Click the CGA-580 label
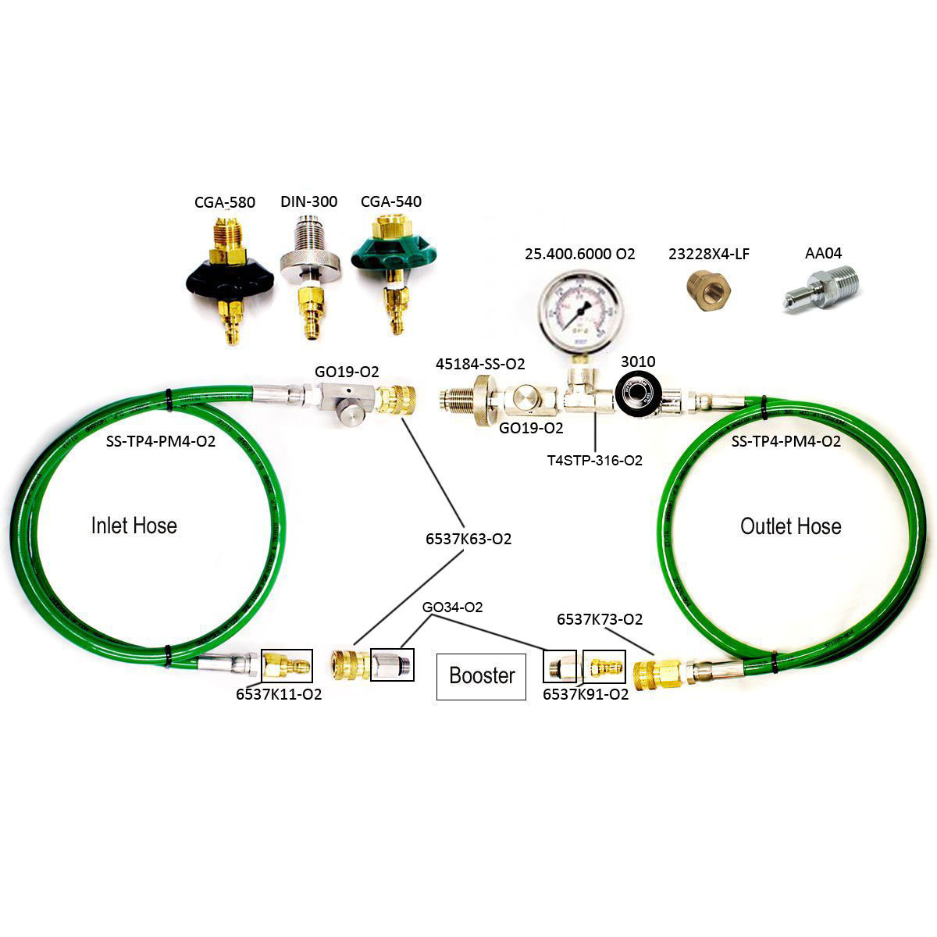click(x=225, y=202)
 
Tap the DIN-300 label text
click(x=308, y=201)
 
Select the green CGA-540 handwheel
click(x=391, y=255)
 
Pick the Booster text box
click(x=481, y=675)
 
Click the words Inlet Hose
click(x=134, y=526)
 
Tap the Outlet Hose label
click(x=790, y=526)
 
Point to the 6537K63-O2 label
click(x=468, y=539)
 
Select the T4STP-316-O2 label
click(x=595, y=461)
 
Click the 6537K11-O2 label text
click(x=279, y=694)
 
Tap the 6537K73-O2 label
click(x=600, y=619)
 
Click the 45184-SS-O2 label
click(x=480, y=364)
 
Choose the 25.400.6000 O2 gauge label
click(x=579, y=254)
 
